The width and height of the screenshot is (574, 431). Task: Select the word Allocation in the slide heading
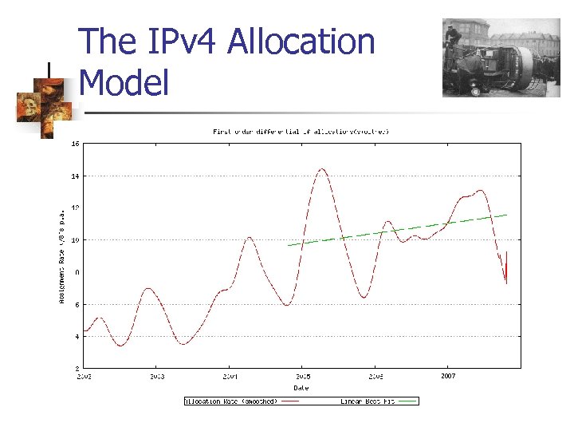coord(301,42)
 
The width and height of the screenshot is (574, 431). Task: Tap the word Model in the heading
coord(124,82)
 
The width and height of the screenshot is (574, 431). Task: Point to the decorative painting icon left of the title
coord(45,99)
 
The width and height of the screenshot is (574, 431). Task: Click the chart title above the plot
coord(301,131)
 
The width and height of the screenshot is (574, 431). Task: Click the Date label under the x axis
coord(301,387)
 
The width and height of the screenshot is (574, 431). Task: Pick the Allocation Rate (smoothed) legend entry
coord(231,401)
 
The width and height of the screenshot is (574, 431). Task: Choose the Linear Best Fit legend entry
coord(367,401)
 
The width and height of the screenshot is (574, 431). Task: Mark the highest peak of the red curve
coord(322,169)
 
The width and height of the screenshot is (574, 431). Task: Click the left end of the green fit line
coord(288,245)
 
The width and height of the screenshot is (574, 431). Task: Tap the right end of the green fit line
coord(507,215)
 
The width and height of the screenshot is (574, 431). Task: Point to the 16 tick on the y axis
coord(74,144)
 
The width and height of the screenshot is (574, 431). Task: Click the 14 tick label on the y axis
coord(74,176)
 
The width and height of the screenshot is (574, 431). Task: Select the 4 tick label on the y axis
coord(76,337)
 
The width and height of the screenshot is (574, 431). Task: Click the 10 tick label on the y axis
coord(74,240)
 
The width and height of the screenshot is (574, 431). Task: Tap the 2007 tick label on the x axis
coord(448,375)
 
